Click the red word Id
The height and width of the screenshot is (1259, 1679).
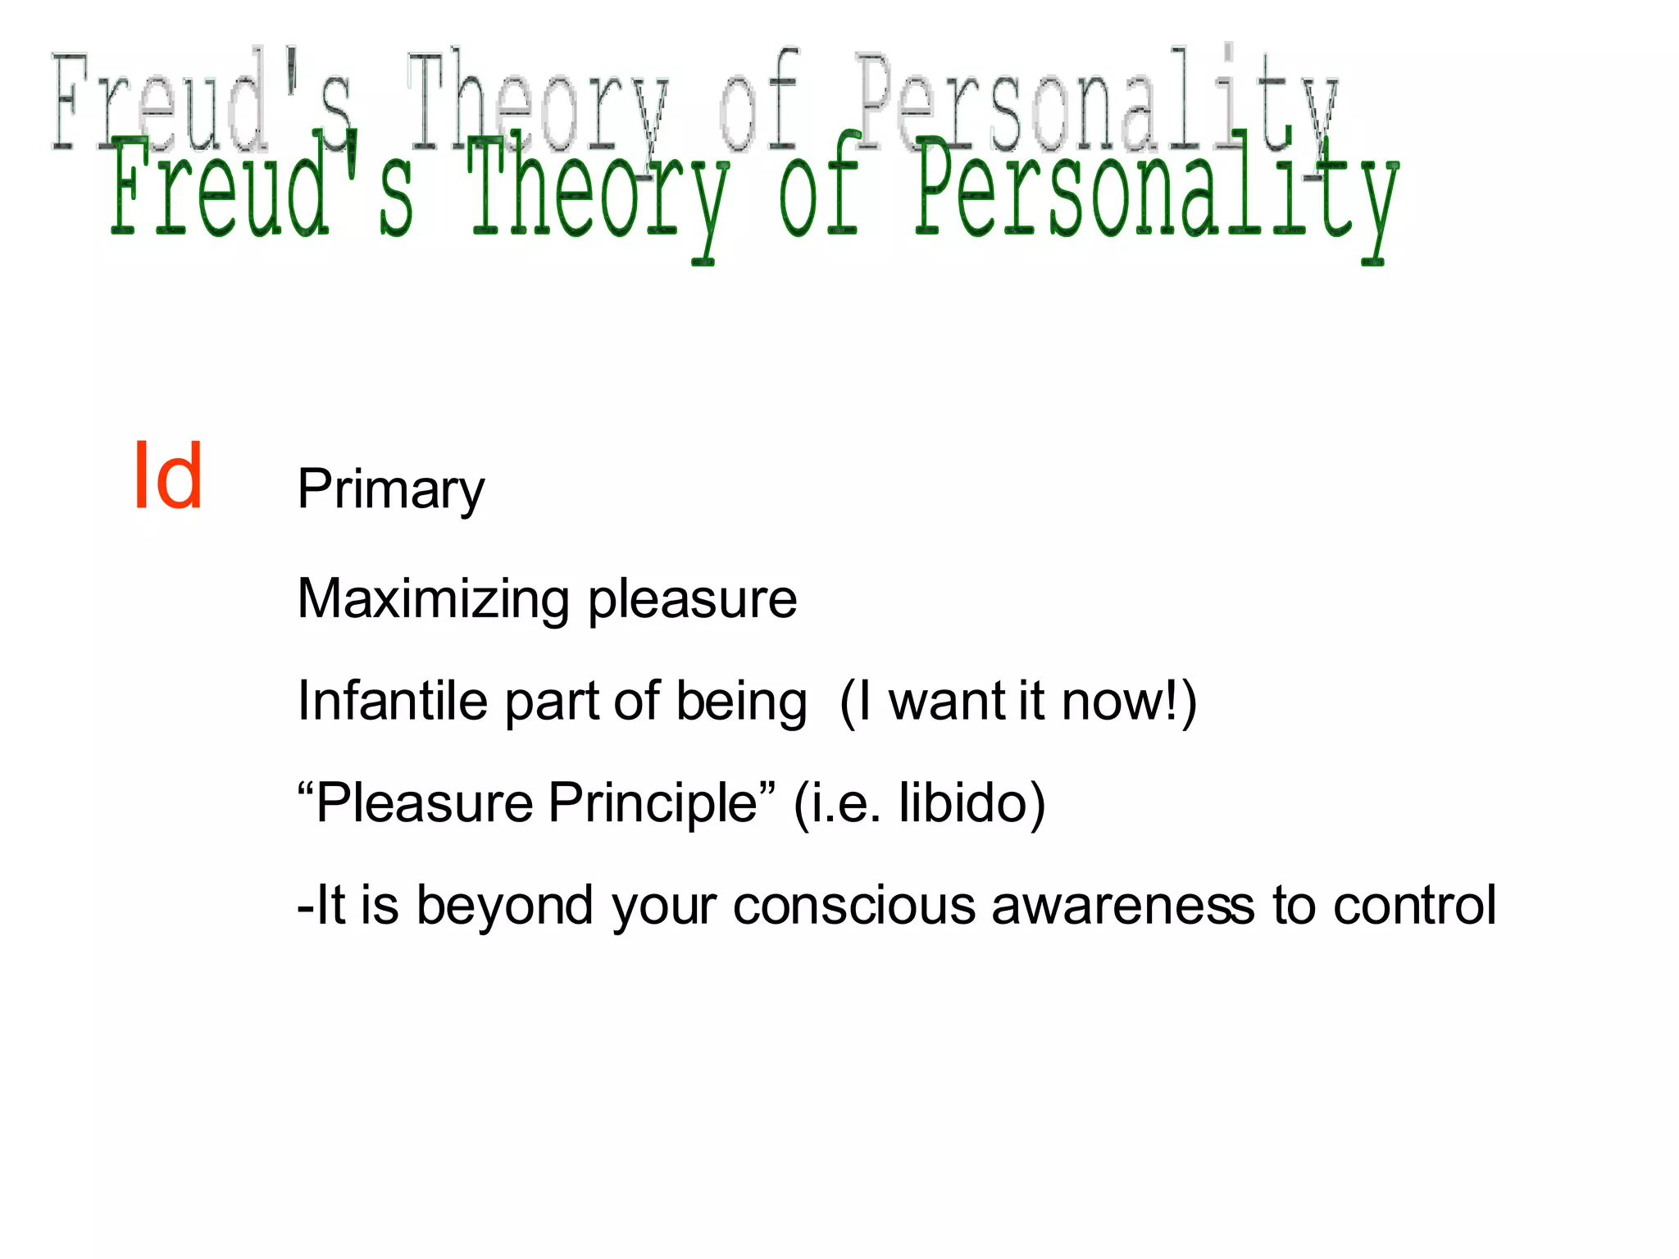click(167, 476)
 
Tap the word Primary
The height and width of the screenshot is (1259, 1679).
click(390, 490)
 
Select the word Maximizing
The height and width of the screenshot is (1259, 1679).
click(433, 600)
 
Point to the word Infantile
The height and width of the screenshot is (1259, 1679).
click(392, 702)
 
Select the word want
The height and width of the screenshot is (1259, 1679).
click(947, 703)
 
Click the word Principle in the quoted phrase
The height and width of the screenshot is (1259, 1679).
click(653, 803)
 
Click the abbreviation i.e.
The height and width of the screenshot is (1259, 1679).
click(845, 804)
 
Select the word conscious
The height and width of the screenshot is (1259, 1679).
click(853, 907)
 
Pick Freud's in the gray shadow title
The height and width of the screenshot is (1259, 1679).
click(201, 102)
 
